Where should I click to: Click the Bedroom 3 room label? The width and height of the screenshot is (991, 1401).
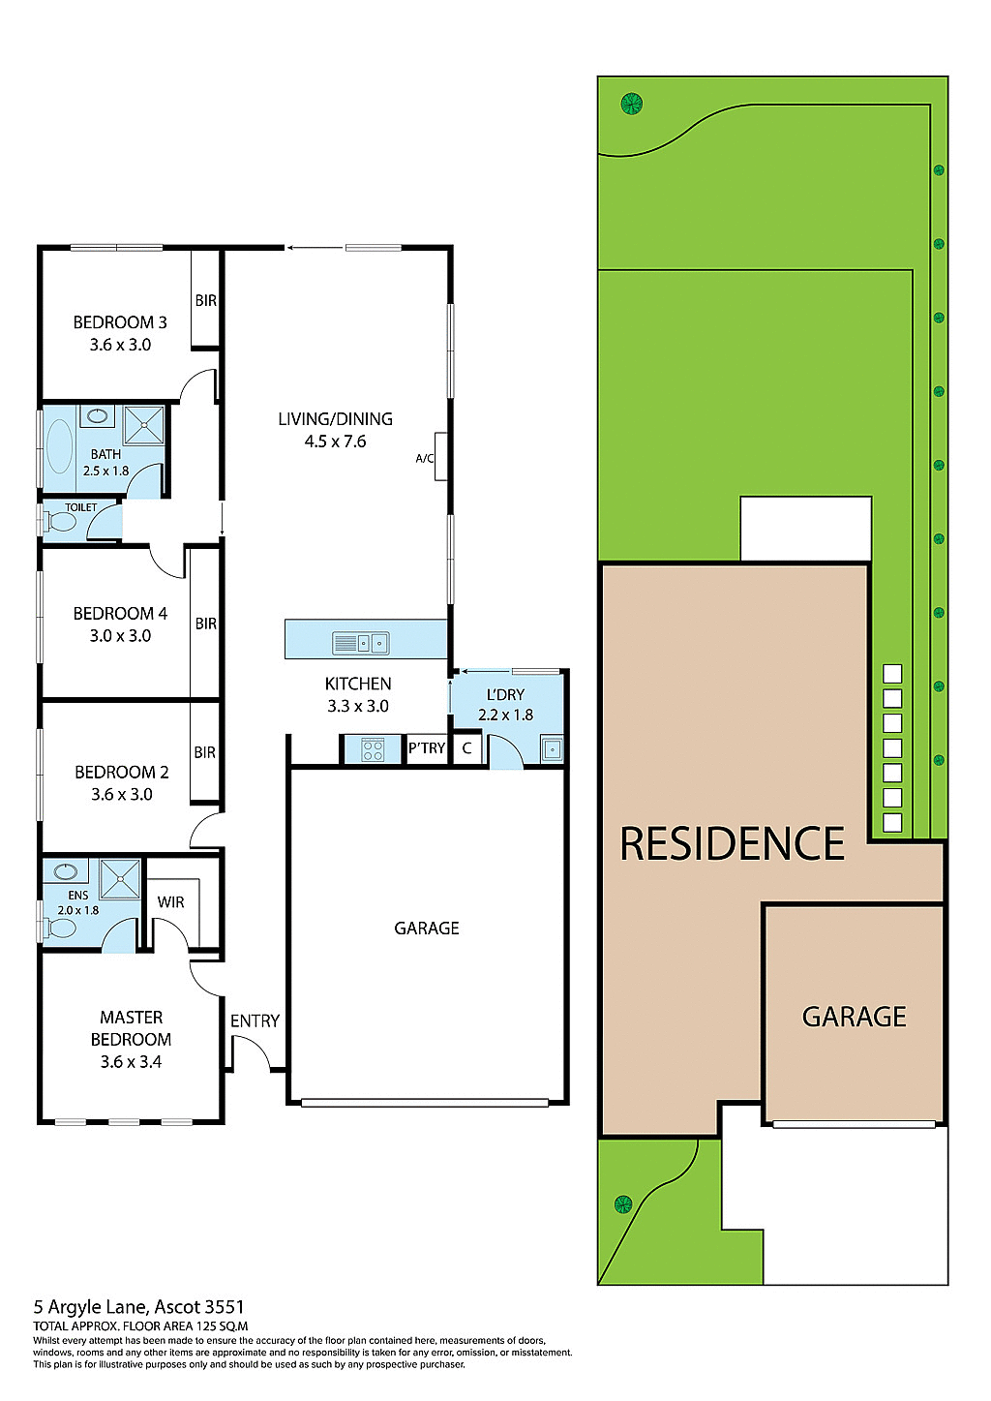pyautogui.click(x=120, y=322)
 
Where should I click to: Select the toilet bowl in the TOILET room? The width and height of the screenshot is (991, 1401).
pyautogui.click(x=61, y=522)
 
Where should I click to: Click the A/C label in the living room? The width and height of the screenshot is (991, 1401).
pyautogui.click(x=424, y=459)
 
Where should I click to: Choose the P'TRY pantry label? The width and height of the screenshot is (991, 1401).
pyautogui.click(x=427, y=748)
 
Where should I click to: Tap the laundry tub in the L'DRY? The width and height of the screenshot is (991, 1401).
pyautogui.click(x=552, y=749)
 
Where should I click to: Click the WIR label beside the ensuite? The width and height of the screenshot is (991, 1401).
pyautogui.click(x=170, y=902)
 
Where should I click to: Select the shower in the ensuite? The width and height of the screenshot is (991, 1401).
pyautogui.click(x=120, y=879)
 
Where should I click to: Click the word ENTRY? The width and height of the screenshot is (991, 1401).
pyautogui.click(x=255, y=1021)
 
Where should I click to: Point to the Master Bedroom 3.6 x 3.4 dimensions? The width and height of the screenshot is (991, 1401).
pyautogui.click(x=131, y=1062)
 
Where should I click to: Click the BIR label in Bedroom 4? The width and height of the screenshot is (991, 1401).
pyautogui.click(x=205, y=624)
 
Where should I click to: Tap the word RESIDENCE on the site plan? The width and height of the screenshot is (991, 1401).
pyautogui.click(x=732, y=844)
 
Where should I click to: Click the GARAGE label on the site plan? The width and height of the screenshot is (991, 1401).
pyautogui.click(x=854, y=1017)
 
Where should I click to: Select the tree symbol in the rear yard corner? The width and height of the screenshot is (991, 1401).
pyautogui.click(x=632, y=103)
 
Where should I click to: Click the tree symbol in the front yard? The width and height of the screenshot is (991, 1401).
pyautogui.click(x=623, y=1204)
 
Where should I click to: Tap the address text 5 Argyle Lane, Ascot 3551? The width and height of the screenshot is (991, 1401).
pyautogui.click(x=139, y=1307)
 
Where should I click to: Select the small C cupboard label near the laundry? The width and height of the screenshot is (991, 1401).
pyautogui.click(x=466, y=748)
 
